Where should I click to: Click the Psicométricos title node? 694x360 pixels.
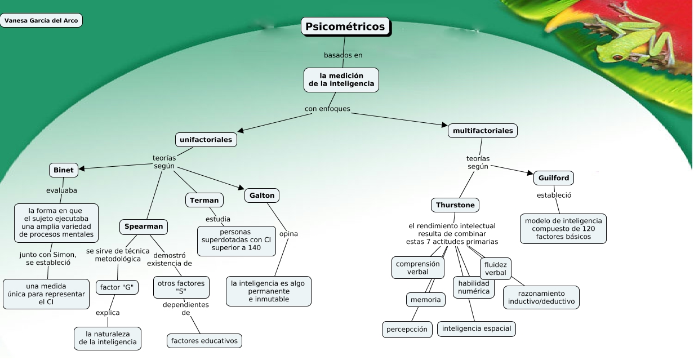pyautogui.click(x=345, y=26)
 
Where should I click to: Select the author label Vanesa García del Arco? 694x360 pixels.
pyautogui.click(x=41, y=21)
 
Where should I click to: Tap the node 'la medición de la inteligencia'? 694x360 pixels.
pyautogui.click(x=341, y=79)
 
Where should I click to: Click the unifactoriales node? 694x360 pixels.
pyautogui.click(x=206, y=139)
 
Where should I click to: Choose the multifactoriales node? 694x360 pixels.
pyautogui.click(x=483, y=131)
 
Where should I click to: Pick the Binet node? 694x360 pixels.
pyautogui.click(x=64, y=170)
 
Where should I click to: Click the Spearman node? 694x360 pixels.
pyautogui.click(x=144, y=226)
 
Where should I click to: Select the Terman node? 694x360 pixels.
pyautogui.click(x=204, y=200)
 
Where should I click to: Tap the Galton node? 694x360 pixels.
pyautogui.click(x=262, y=195)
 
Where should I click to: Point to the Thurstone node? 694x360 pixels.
pyautogui.click(x=455, y=205)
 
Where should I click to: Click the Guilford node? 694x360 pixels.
pyautogui.click(x=554, y=178)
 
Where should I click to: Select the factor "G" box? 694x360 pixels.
pyautogui.click(x=116, y=287)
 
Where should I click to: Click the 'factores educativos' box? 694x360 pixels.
pyautogui.click(x=205, y=340)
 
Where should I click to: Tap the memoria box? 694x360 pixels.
pyautogui.click(x=426, y=300)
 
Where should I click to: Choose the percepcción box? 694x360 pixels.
pyautogui.click(x=407, y=329)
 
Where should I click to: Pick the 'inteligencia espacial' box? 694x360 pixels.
pyautogui.click(x=477, y=328)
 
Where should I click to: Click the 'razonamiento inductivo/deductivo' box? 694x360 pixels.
pyautogui.click(x=541, y=297)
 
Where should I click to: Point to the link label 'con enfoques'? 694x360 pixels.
pyautogui.click(x=327, y=109)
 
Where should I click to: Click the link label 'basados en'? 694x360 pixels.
pyautogui.click(x=343, y=55)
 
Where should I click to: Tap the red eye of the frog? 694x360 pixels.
pyautogui.click(x=618, y=57)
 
